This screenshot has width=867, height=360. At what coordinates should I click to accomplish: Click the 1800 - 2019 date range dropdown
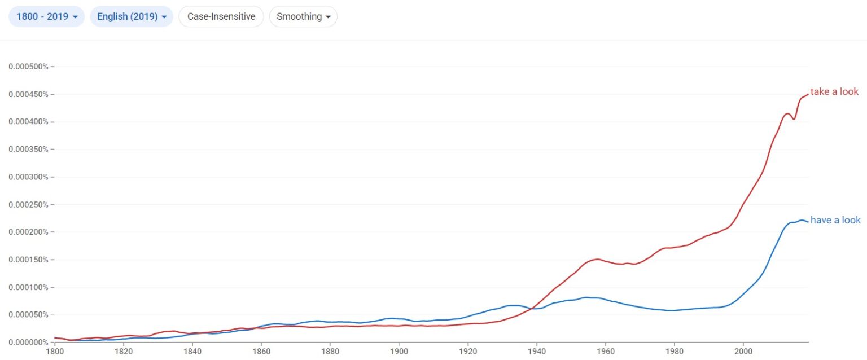pyautogui.click(x=46, y=16)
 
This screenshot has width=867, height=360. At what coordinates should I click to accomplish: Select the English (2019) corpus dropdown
pyautogui.click(x=132, y=16)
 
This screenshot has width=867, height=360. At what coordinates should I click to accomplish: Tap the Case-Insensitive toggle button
pyautogui.click(x=221, y=16)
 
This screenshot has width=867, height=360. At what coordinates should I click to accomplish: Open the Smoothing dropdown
pyautogui.click(x=303, y=16)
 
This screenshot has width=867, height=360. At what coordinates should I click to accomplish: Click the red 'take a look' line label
pyautogui.click(x=834, y=91)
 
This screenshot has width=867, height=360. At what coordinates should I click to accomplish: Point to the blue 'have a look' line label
pyautogui.click(x=835, y=220)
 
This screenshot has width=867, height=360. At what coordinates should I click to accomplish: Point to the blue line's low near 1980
pyautogui.click(x=671, y=310)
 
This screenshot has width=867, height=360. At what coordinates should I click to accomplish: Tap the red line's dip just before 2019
pyautogui.click(x=794, y=119)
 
